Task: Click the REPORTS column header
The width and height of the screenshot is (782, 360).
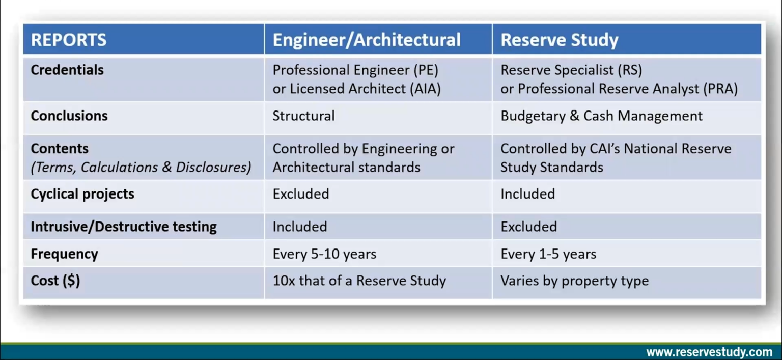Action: [x=69, y=40]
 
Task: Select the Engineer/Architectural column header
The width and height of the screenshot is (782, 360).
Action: [x=366, y=40]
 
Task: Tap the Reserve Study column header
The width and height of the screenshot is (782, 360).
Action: [x=559, y=40]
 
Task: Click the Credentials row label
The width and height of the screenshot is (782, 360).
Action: [x=67, y=70]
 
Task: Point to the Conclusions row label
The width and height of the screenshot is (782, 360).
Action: [x=69, y=116]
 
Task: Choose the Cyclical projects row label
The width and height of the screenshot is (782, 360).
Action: [x=82, y=194]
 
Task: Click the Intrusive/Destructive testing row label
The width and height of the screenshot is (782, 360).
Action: [x=124, y=227]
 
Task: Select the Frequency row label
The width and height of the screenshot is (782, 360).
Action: [x=64, y=254]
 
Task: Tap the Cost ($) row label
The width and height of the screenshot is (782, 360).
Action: [x=55, y=281]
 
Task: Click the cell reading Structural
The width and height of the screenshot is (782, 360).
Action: [x=303, y=116]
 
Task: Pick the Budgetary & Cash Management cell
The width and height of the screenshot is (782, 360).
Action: [x=601, y=116]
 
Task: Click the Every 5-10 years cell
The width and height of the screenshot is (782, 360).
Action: [x=324, y=254]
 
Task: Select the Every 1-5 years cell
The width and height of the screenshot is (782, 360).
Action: [x=548, y=254]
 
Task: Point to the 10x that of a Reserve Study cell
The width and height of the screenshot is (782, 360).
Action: [x=359, y=281]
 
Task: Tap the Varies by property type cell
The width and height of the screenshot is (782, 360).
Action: [x=574, y=281]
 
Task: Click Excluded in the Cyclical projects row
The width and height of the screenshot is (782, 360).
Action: [x=300, y=194]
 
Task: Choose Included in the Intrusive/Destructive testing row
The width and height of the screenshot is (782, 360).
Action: [x=299, y=227]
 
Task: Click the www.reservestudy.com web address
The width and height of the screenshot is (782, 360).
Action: [x=709, y=352]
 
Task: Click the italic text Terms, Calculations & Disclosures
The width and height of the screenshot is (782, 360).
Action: [x=141, y=168]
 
